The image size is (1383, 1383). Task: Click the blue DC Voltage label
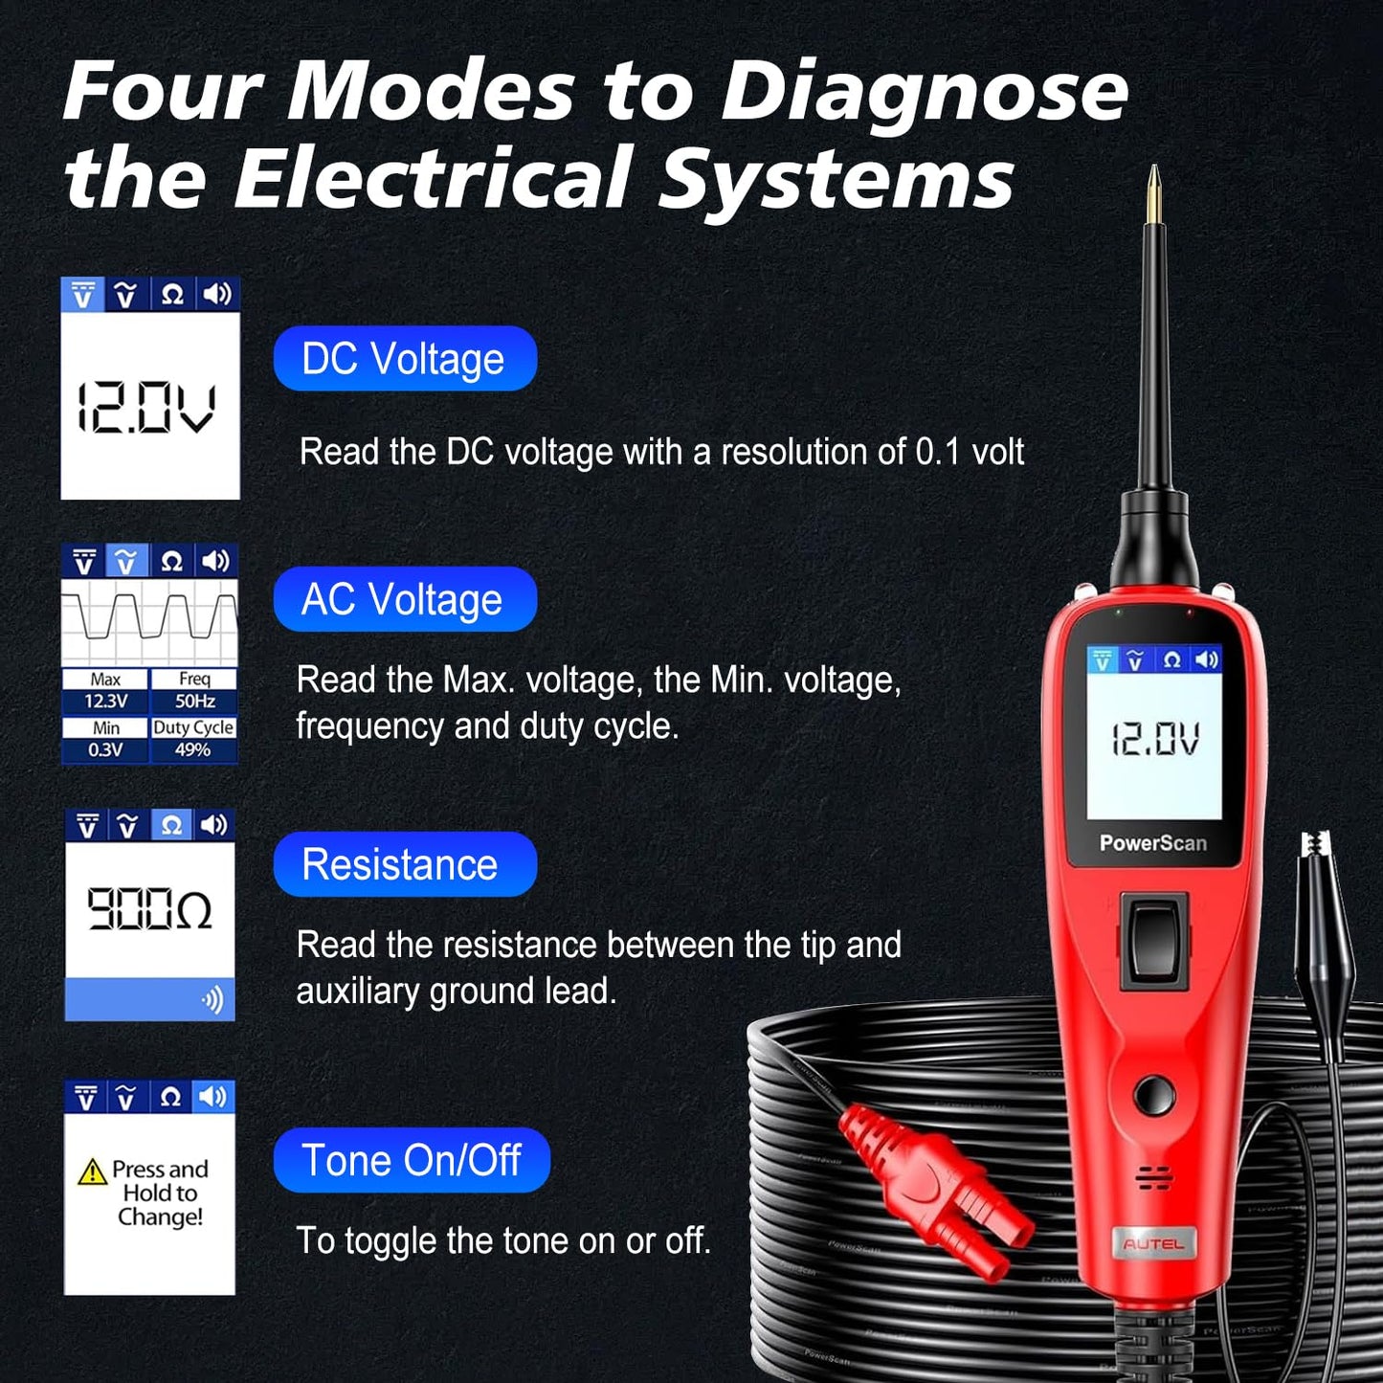[404, 359]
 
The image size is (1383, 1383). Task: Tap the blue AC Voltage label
[404, 600]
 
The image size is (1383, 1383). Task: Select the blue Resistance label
[404, 864]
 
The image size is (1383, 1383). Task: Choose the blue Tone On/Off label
[412, 1160]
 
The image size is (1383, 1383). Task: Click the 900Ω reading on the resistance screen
[149, 908]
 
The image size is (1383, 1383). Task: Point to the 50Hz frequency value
[194, 702]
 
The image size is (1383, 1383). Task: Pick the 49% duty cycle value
[193, 750]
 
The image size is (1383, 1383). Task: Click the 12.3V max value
[105, 702]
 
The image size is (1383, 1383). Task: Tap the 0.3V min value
[105, 750]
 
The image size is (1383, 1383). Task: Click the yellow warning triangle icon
[92, 1171]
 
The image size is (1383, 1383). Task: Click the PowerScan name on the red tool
[1153, 843]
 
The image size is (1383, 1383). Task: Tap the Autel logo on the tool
[1153, 1244]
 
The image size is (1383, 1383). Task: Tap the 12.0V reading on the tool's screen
[1155, 740]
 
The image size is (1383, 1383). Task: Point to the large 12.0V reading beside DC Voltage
[147, 409]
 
